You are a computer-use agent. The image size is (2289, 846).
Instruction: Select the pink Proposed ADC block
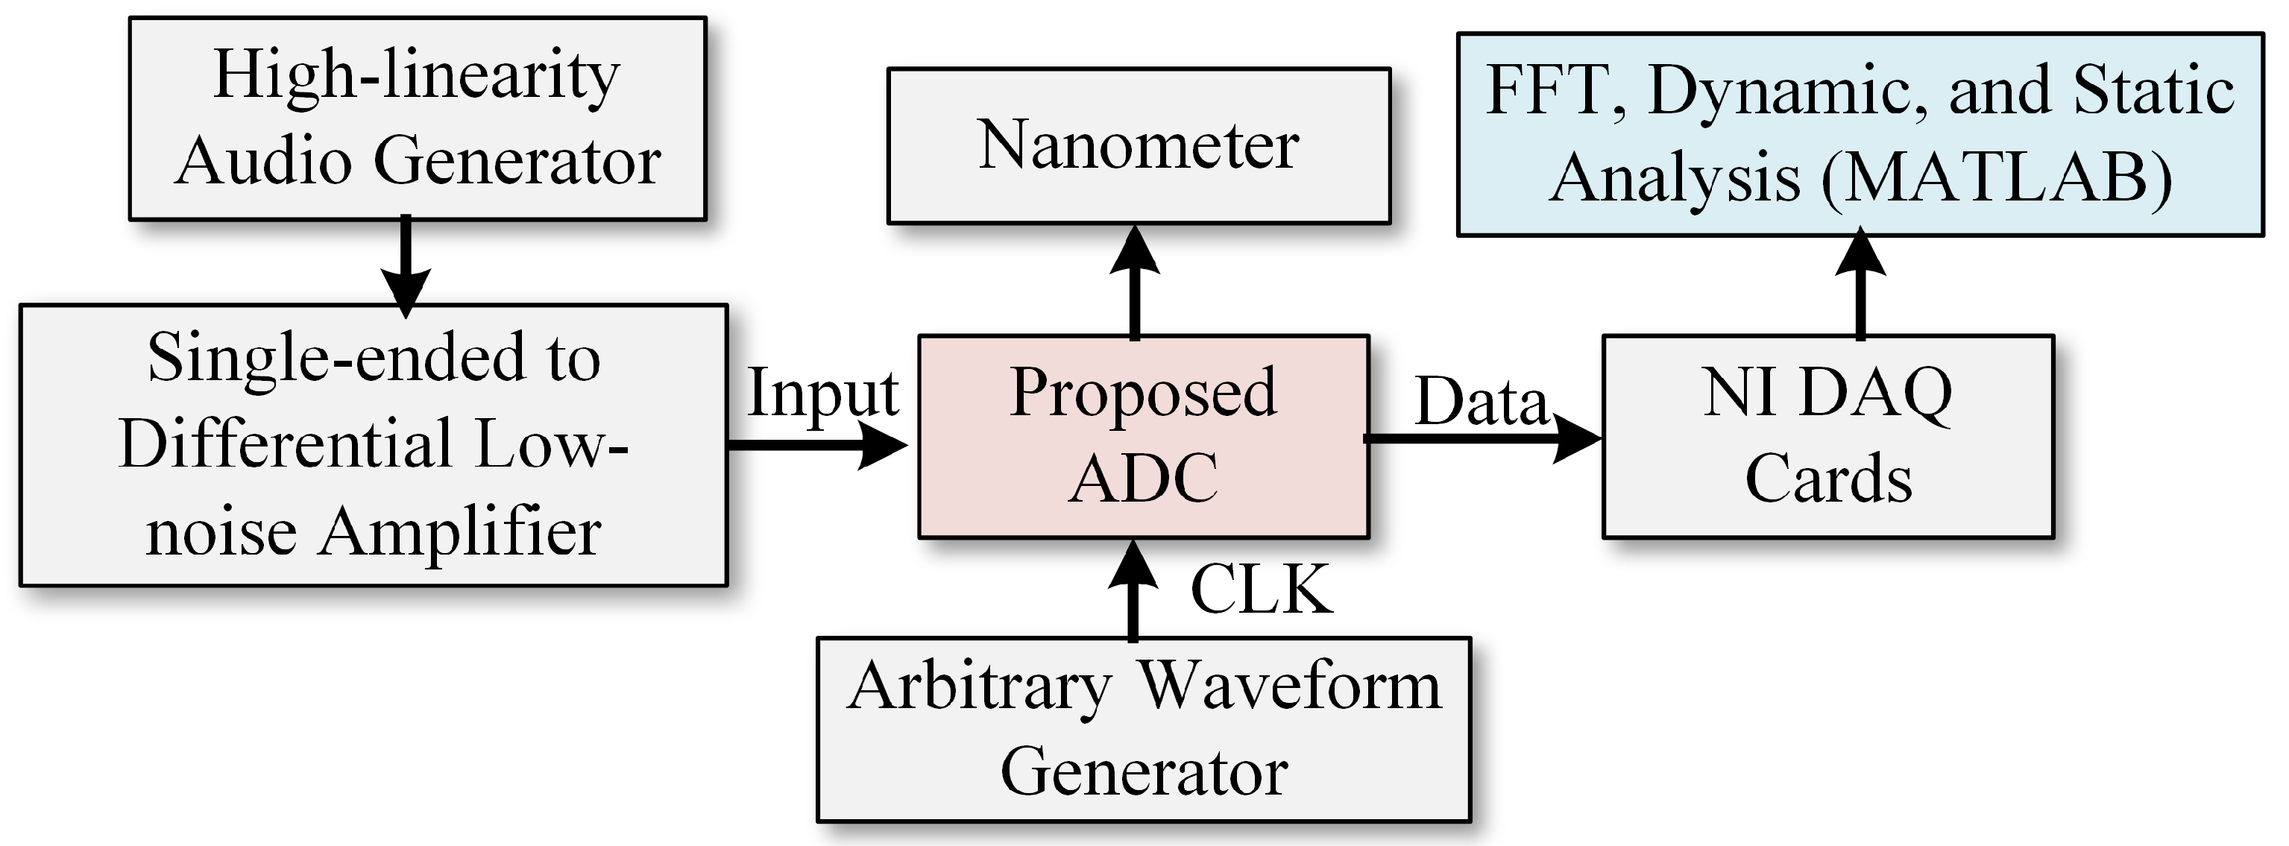click(1143, 436)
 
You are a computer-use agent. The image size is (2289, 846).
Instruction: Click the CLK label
click(1261, 589)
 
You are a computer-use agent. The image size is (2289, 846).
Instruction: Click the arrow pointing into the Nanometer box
click(1135, 280)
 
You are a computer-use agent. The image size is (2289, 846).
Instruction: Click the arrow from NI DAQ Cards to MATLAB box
click(1860, 285)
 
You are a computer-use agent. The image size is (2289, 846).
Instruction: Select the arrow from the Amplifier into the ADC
click(817, 444)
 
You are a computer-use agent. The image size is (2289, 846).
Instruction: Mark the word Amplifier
click(459, 533)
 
